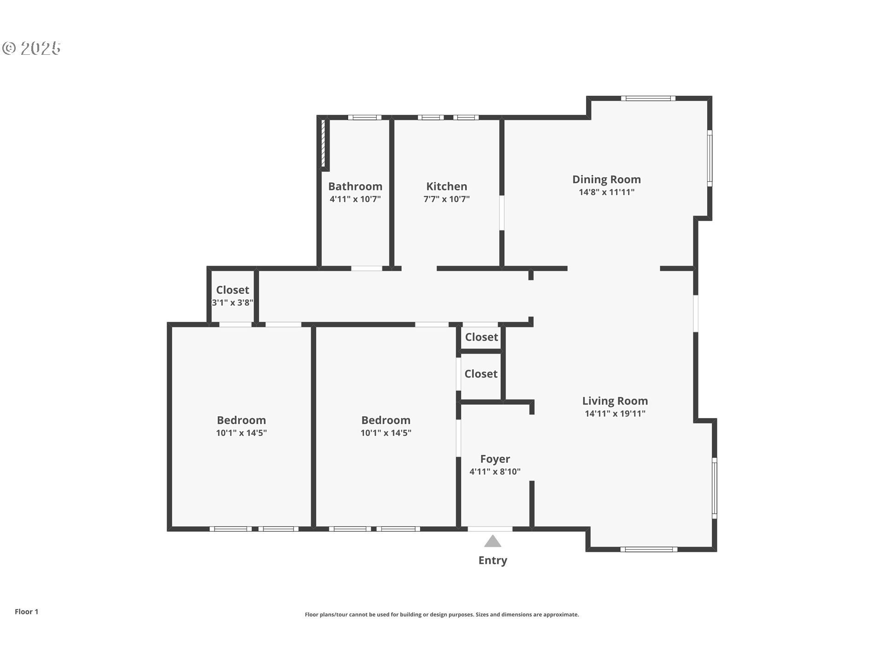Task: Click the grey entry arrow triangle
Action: [493, 541]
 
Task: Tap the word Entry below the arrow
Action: [493, 561]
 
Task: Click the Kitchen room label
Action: [447, 186]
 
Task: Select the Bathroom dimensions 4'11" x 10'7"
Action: [355, 199]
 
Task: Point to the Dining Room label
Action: [606, 180]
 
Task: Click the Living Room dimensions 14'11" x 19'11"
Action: [615, 413]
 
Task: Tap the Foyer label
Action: [495, 459]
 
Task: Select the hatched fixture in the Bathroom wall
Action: [323, 143]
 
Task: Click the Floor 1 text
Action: [27, 611]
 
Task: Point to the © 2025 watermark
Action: [31, 48]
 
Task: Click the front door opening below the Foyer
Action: [490, 529]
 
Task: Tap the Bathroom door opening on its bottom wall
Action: [367, 268]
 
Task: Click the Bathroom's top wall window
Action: [365, 117]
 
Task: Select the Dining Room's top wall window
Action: [648, 98]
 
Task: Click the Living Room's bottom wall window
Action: [649, 549]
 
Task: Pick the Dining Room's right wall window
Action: [710, 158]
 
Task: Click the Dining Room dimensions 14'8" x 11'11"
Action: [606, 192]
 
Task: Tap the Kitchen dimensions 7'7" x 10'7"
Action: [447, 199]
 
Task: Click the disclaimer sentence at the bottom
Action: [442, 615]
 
